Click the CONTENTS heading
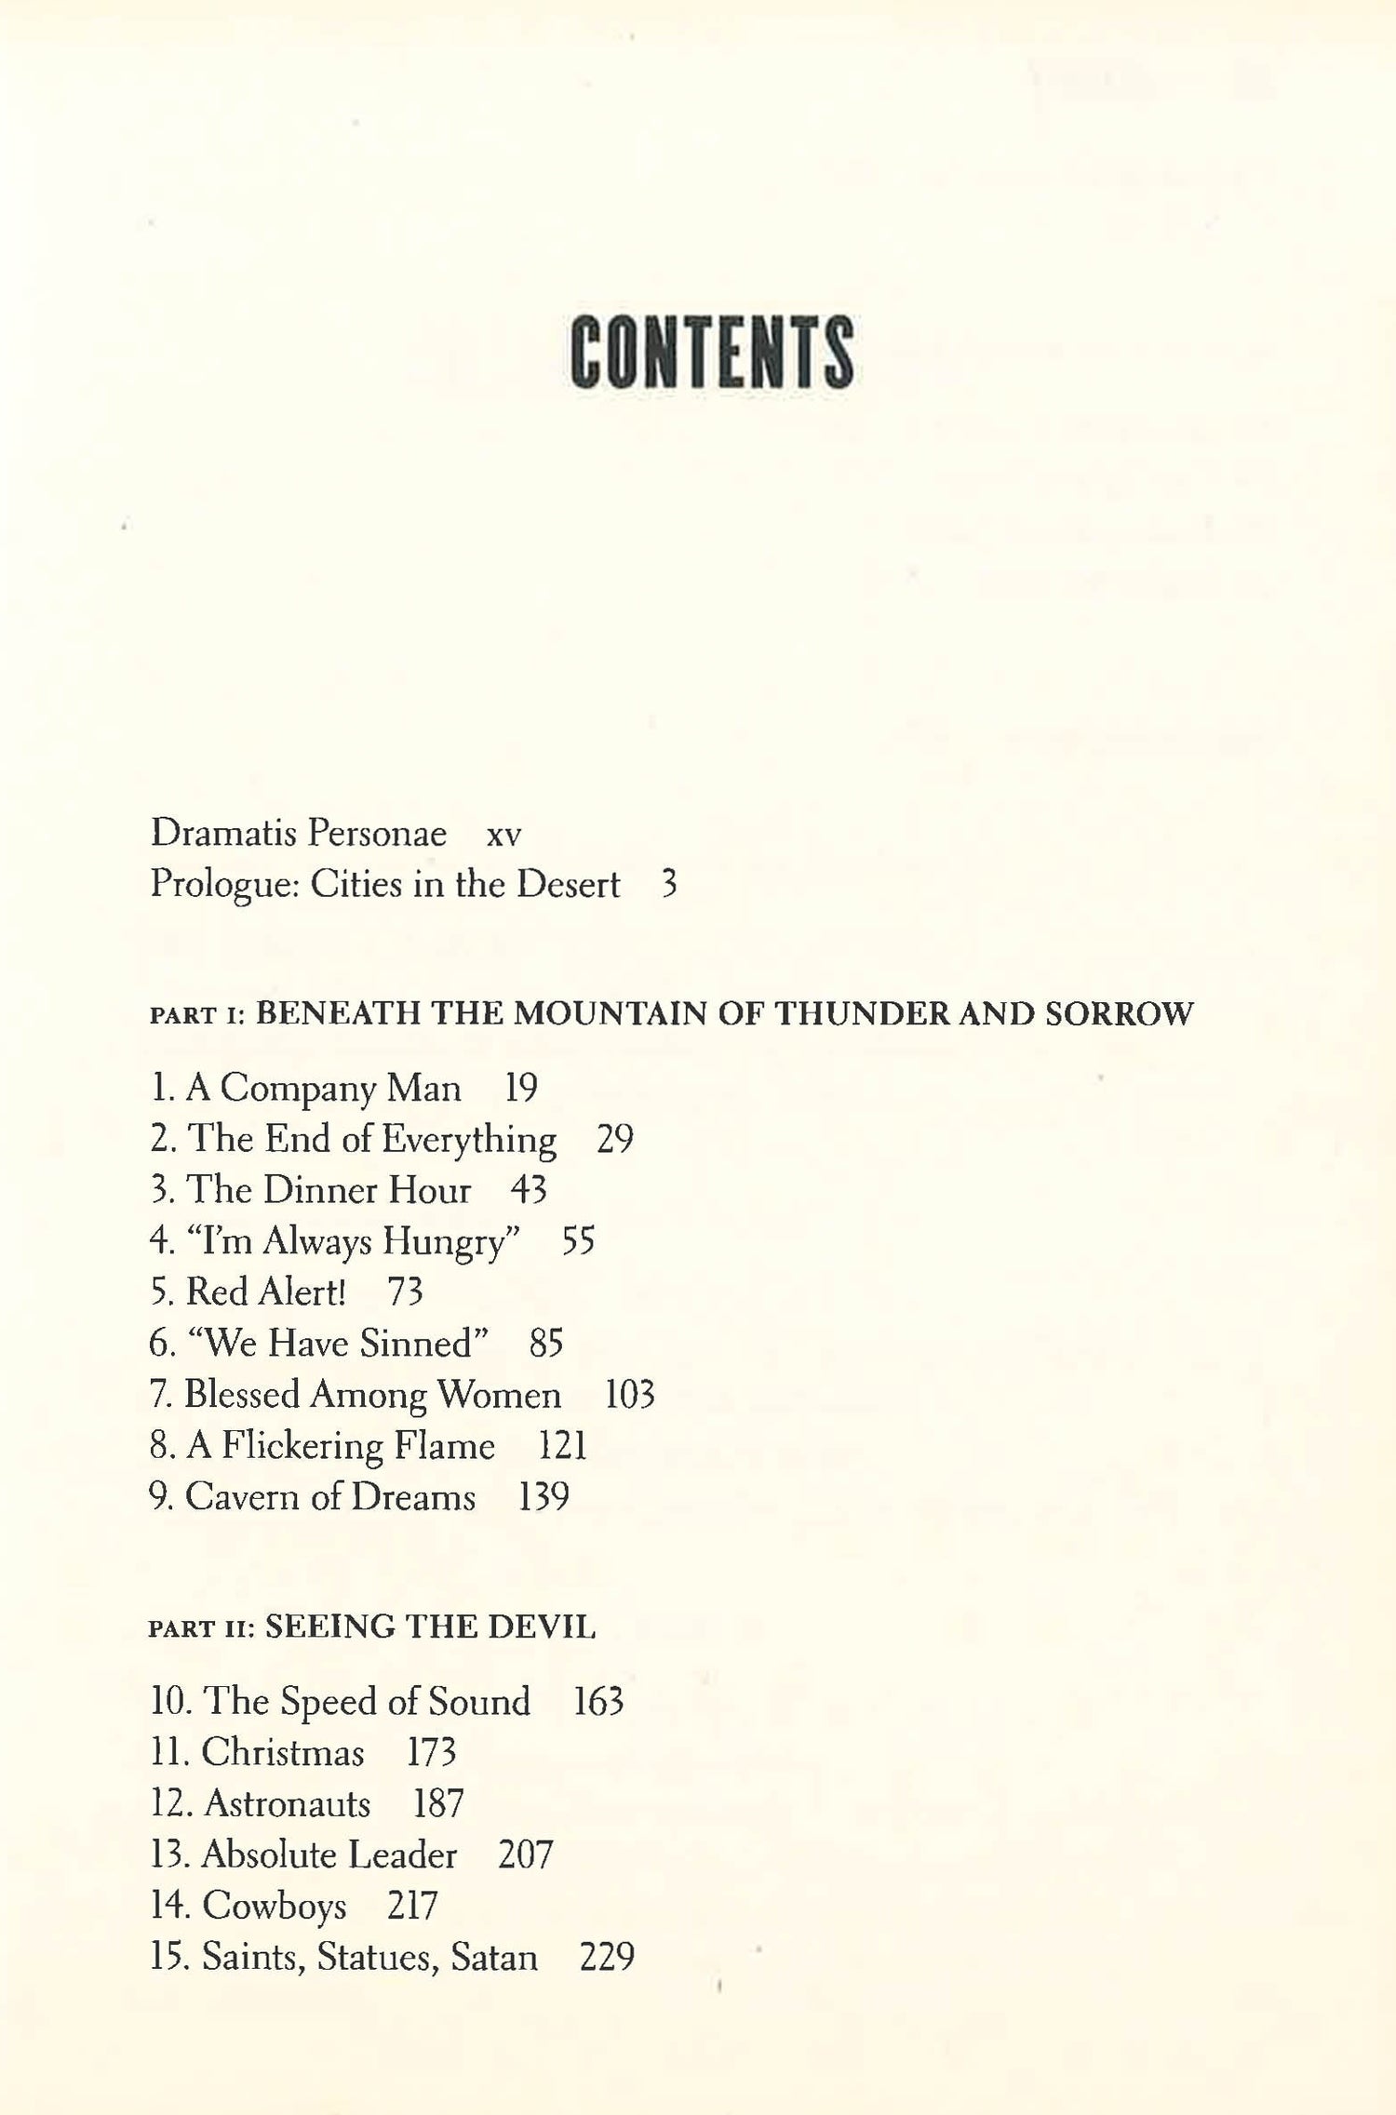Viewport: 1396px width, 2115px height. coord(711,353)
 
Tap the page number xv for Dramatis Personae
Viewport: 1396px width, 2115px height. coord(503,835)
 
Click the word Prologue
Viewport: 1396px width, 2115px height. coord(222,885)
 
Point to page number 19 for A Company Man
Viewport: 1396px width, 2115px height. coord(521,1088)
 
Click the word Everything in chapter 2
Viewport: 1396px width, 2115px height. coord(468,1140)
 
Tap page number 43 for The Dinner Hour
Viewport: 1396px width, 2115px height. coord(529,1190)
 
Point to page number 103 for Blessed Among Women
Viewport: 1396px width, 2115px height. coord(630,1395)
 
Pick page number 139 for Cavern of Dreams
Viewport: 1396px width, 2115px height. coord(544,1497)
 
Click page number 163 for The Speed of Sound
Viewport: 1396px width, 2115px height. coord(598,1702)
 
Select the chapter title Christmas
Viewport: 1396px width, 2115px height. coord(283,1753)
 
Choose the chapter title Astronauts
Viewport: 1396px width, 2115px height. coord(287,1804)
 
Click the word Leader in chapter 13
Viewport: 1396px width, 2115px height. coord(401,1855)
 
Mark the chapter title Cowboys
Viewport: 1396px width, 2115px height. coord(275,1907)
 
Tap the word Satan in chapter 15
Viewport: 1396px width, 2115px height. coord(494,1958)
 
